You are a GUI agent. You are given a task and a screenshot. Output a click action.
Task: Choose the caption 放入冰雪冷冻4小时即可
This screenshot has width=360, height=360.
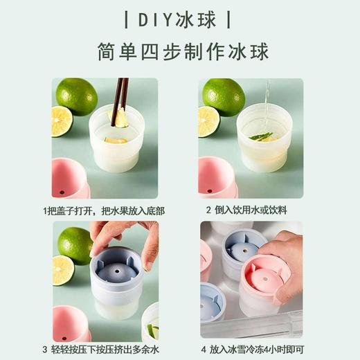[255, 349]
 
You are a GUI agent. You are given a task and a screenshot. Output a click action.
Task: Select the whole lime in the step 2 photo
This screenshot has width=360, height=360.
[223, 96]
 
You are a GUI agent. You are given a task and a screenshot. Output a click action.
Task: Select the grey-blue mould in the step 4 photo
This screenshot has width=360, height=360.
[243, 249]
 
